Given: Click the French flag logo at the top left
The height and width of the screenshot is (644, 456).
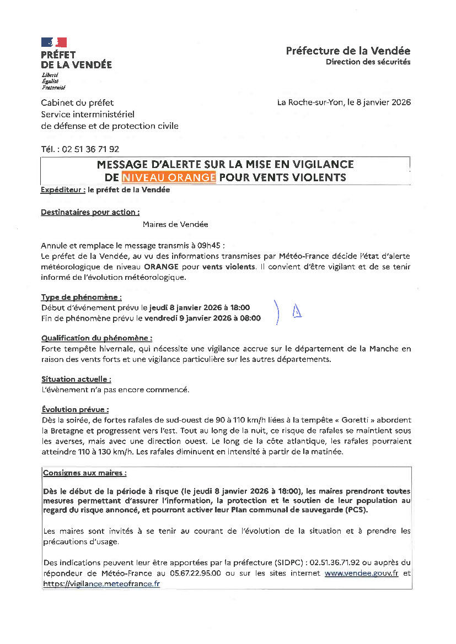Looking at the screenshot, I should pyautogui.click(x=53, y=42).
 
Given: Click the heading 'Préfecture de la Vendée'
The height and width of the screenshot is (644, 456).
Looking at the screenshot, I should pyautogui.click(x=348, y=51).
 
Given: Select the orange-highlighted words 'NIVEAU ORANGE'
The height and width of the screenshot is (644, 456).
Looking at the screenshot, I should pyautogui.click(x=169, y=177).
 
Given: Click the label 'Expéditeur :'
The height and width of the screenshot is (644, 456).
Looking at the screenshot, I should pyautogui.click(x=63, y=190).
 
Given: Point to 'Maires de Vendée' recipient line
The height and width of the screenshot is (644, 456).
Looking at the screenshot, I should pyautogui.click(x=175, y=224).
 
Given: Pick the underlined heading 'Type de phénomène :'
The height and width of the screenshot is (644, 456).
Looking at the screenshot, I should pyautogui.click(x=81, y=297).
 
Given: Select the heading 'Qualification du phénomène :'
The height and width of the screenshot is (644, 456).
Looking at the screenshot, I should pyautogui.click(x=96, y=338).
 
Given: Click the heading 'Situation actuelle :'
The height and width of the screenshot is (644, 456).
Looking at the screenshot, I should pyautogui.click(x=76, y=379).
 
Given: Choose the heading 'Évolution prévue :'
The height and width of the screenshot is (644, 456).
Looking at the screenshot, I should pyautogui.click(x=75, y=409).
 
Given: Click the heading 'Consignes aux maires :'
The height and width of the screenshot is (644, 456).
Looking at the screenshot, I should pyautogui.click(x=85, y=473).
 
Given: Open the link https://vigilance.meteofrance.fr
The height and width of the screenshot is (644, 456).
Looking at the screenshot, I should pyautogui.click(x=101, y=583).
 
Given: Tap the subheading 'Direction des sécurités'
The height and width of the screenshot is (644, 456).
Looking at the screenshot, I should pyautogui.click(x=368, y=62).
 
